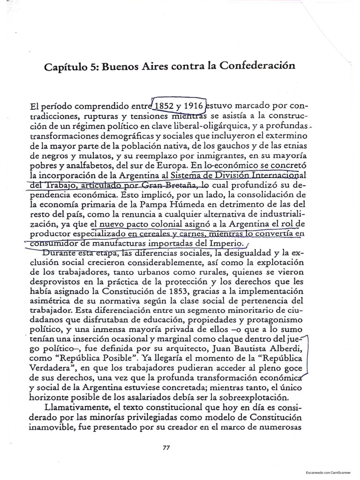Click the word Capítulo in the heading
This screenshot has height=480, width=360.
[67, 67]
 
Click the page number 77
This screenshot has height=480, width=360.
[165, 447]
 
